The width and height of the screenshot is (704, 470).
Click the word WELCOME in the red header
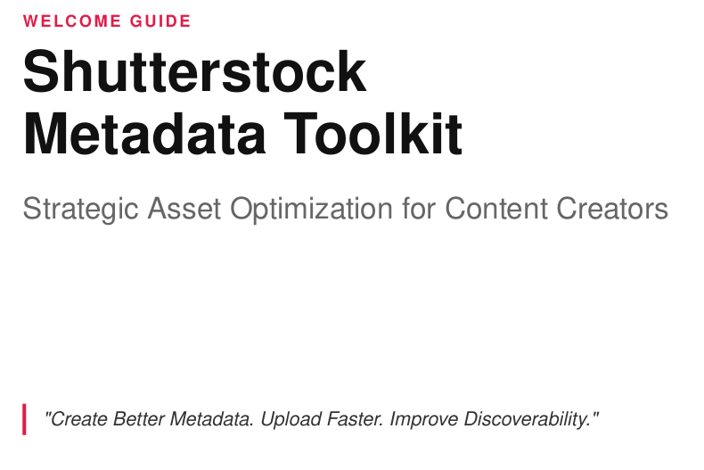72,21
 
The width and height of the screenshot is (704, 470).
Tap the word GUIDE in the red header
160,21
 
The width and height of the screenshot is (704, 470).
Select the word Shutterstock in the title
195,71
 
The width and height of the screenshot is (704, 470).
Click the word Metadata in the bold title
144,134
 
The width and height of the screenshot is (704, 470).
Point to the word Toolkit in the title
373,134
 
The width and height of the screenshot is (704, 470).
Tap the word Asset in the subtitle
184,209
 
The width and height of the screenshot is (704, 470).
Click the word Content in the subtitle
496,209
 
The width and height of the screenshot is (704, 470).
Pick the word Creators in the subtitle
612,209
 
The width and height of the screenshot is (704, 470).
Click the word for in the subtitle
419,209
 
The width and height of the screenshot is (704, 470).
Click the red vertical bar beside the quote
24,419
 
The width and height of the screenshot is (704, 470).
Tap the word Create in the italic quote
79,419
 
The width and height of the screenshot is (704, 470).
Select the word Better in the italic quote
139,419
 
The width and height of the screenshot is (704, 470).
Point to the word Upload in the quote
291,420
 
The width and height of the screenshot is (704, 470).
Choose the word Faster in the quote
356,419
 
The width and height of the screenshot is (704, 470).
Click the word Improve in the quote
424,420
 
